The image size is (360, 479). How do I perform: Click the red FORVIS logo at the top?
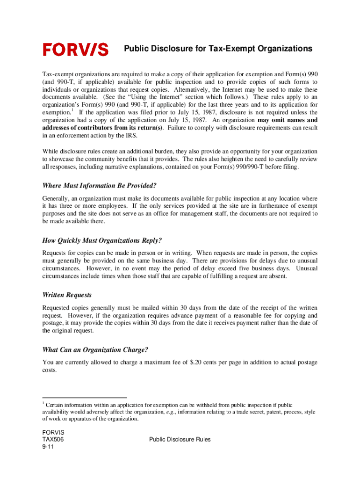76,50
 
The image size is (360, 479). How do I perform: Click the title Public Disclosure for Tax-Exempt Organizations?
217,49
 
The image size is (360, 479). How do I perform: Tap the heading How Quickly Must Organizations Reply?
102,240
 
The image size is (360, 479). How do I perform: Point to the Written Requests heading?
67,295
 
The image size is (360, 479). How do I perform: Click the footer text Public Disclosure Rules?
180,440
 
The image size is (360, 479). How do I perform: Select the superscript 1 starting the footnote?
43,403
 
